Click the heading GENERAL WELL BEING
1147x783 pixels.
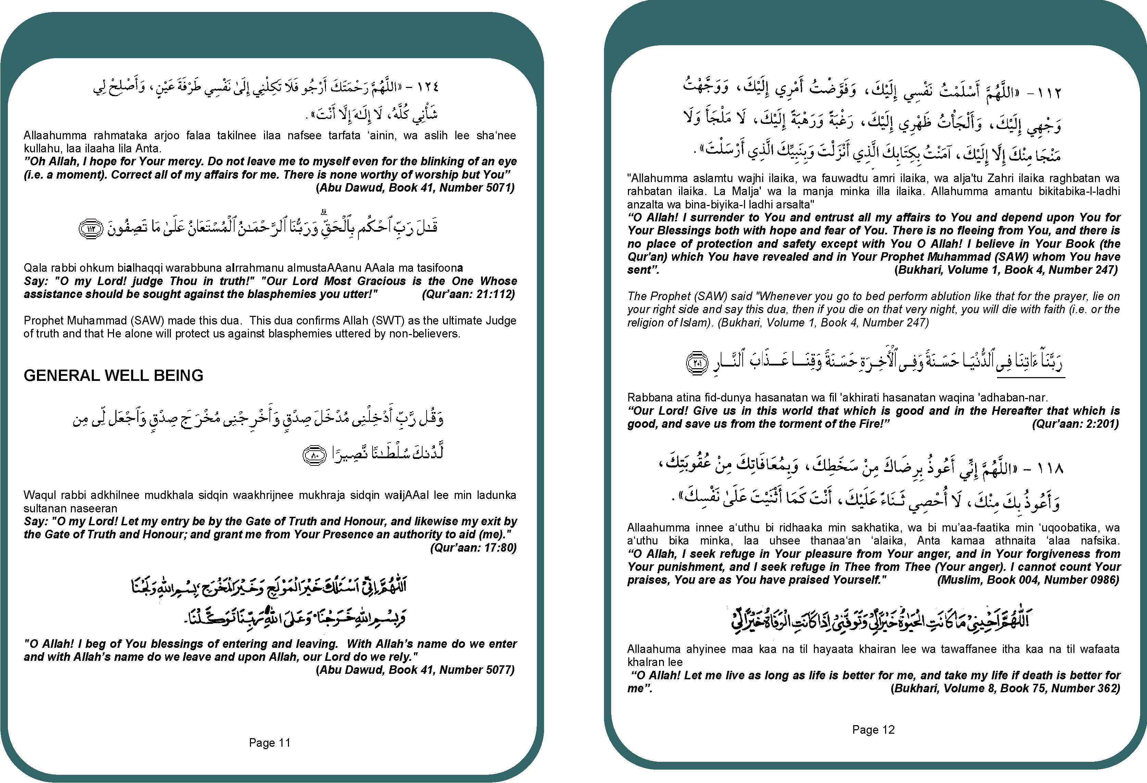(114, 375)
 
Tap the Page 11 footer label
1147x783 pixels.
(269, 743)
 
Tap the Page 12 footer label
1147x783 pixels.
(873, 730)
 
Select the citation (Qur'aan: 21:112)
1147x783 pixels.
(468, 295)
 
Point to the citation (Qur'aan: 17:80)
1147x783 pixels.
(473, 548)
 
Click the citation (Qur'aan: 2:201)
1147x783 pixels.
(1075, 424)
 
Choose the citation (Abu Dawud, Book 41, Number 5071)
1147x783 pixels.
(415, 188)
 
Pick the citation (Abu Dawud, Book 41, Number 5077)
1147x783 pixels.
(415, 670)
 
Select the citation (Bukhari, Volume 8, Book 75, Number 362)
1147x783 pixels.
(1005, 688)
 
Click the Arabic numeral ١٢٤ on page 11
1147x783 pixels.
(427, 87)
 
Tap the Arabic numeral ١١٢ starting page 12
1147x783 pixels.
(1047, 92)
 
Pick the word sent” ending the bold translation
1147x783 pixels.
(643, 270)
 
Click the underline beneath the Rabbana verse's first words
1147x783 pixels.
(1031, 378)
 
